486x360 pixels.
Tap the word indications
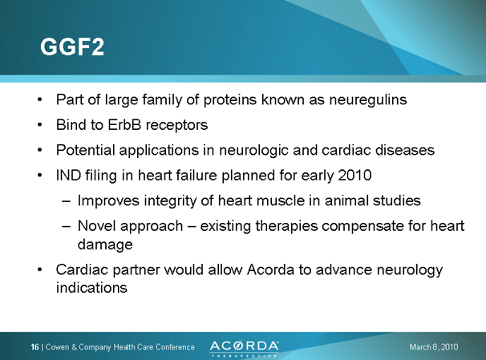pos(91,288)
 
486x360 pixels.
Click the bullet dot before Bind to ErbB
pos(40,126)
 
